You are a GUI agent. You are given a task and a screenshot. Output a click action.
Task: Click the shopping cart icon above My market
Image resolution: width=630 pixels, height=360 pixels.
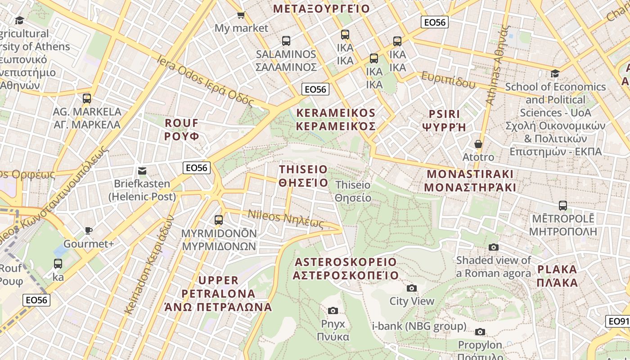point(241,15)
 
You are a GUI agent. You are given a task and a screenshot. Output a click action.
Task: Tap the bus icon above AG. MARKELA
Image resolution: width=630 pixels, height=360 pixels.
point(87,98)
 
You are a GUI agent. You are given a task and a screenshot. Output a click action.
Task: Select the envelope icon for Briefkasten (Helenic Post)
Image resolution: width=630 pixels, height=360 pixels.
point(142,171)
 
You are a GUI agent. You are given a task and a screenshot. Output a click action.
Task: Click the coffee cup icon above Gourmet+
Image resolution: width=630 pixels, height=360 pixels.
point(89,230)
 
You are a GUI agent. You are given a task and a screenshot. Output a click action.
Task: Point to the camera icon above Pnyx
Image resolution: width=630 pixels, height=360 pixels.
point(333,310)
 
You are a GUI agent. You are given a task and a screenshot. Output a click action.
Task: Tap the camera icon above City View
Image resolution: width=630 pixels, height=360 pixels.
point(411,288)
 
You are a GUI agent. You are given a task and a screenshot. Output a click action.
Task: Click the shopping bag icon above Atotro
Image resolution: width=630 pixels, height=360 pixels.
point(478,144)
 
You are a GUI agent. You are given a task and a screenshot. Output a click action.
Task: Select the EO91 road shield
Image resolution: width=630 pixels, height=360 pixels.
point(618,321)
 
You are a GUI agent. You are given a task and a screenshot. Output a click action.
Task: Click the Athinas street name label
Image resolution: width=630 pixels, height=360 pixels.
point(498,65)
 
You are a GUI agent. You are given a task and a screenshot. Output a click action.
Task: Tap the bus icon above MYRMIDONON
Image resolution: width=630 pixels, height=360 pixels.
point(219,220)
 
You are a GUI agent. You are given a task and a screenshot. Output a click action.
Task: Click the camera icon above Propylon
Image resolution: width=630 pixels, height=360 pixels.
point(480,332)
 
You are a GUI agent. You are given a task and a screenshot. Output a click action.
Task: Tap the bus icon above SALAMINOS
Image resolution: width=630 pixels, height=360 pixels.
point(286,41)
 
